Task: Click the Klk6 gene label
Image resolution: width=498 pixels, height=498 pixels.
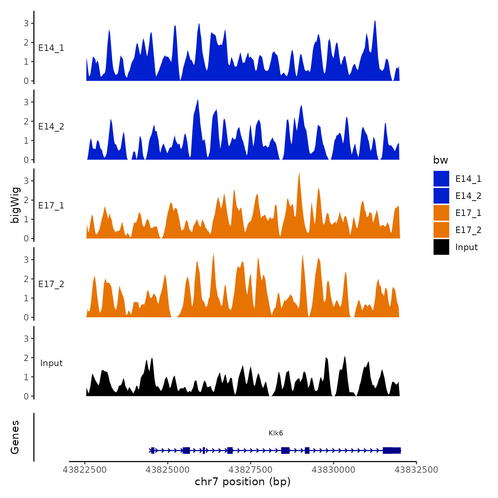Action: (276, 433)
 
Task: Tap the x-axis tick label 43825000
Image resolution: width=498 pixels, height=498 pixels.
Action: (168, 470)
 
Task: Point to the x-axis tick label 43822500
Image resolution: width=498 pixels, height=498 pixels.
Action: (85, 470)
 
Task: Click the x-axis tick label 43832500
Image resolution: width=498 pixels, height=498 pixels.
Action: (416, 470)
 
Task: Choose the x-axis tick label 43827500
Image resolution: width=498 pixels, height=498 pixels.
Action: (250, 470)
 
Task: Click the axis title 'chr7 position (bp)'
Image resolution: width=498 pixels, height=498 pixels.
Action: (243, 482)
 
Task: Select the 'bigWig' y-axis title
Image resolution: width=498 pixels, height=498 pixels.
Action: (15, 205)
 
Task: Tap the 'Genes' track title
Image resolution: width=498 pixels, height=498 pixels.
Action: (15, 437)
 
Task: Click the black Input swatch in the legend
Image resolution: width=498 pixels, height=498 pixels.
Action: (441, 247)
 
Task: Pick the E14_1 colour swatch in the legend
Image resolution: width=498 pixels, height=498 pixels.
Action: (441, 179)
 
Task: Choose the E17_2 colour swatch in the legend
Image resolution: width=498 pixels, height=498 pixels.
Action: (441, 230)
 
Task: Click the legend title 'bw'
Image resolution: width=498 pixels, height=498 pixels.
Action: (440, 160)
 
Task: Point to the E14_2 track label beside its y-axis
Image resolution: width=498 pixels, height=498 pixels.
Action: (51, 127)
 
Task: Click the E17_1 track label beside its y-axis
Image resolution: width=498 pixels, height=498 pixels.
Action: (51, 206)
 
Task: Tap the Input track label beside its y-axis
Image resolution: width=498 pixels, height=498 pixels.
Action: (51, 363)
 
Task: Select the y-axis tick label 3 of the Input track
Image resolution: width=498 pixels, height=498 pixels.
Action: (26, 339)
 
